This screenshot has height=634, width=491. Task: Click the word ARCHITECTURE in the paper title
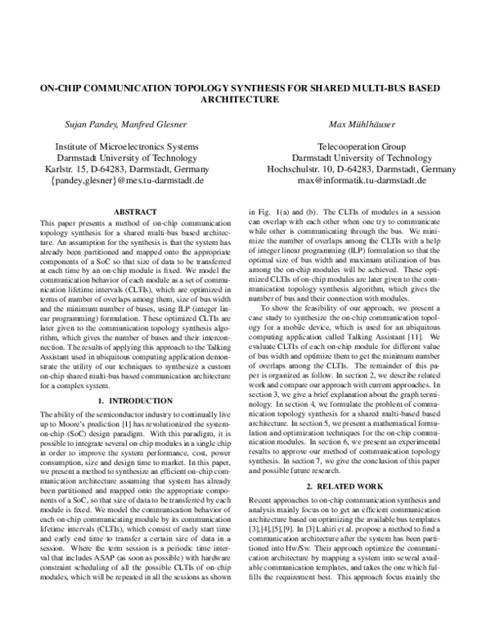(x=245, y=100)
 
